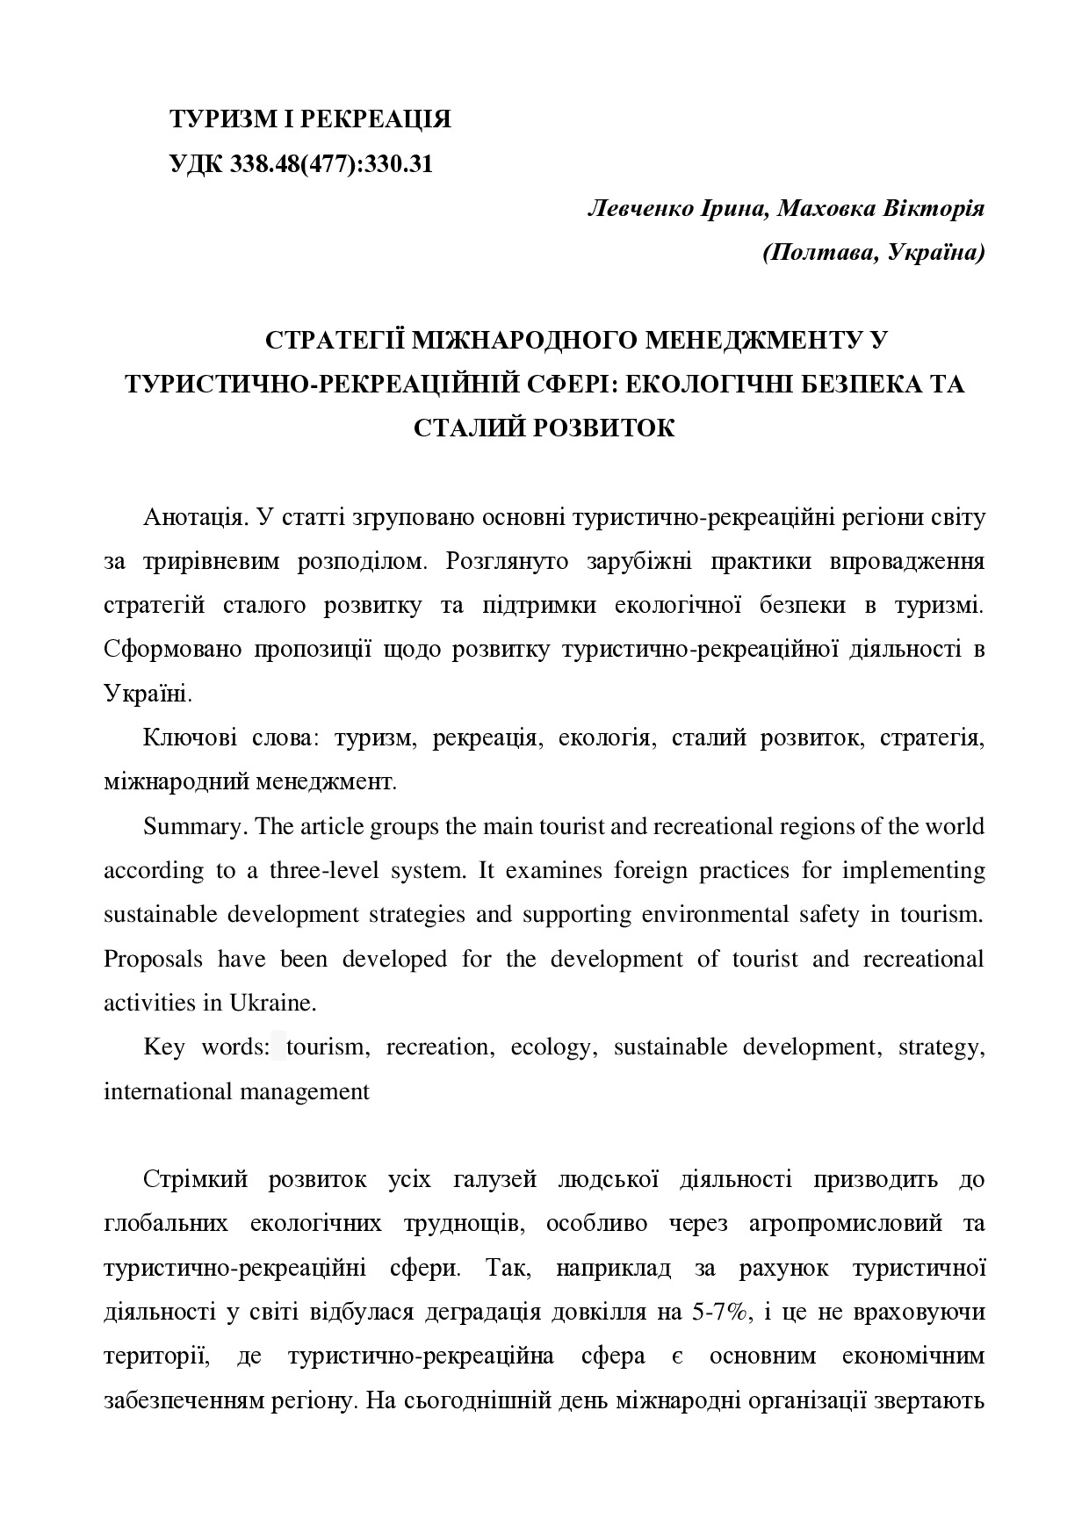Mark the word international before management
tap(162, 1091)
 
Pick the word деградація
tap(482, 1313)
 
